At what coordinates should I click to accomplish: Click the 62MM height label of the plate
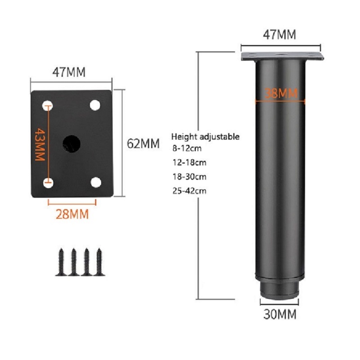[143, 144]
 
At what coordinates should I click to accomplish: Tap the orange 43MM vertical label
[40, 144]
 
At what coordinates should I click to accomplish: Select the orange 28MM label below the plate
[72, 214]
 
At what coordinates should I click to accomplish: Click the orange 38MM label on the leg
[281, 93]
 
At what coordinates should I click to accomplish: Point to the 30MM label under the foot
[280, 314]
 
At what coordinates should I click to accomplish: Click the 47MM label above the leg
[279, 35]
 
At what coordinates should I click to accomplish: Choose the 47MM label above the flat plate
[69, 72]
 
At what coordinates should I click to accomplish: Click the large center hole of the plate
[72, 144]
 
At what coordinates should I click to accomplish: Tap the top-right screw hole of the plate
[95, 105]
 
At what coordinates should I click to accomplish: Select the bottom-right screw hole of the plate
[96, 183]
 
